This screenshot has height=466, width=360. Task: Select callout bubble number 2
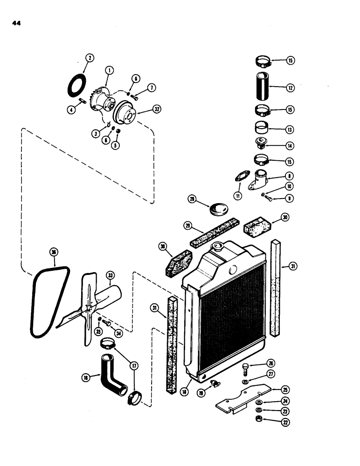(x=90, y=58)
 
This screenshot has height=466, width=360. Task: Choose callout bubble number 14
(x=291, y=145)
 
